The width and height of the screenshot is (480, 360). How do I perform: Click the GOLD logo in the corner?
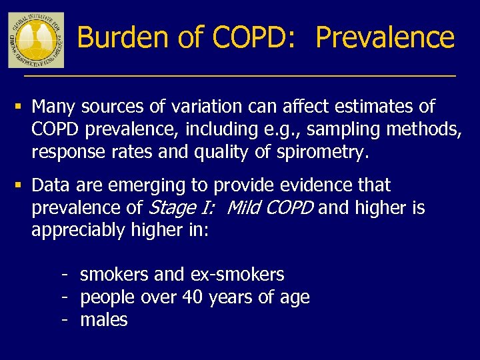(x=36, y=39)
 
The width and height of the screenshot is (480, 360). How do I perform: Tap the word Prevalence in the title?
(x=385, y=37)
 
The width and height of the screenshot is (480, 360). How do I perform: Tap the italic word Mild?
(x=244, y=208)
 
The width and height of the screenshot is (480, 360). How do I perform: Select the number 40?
(x=193, y=297)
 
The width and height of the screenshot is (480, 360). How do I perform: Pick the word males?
(x=104, y=320)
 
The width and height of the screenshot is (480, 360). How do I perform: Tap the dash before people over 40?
(x=65, y=297)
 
